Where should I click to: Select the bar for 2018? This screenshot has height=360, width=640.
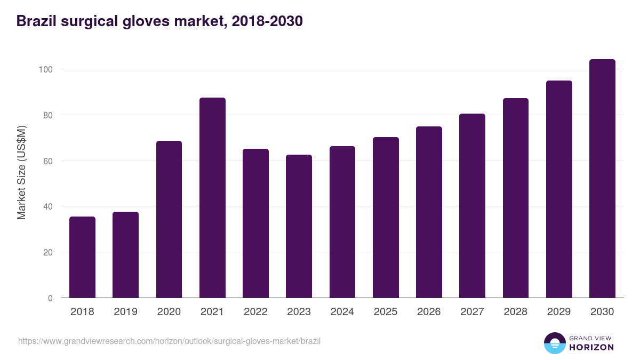click(x=82, y=257)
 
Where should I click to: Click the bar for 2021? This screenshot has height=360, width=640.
click(x=212, y=198)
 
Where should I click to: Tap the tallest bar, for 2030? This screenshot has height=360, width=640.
click(x=602, y=179)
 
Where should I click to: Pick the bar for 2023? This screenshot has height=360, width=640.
click(x=299, y=226)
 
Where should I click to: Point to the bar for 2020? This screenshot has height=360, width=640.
click(x=169, y=219)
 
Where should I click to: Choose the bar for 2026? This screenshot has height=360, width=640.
click(x=429, y=212)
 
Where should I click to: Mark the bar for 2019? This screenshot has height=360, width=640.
click(x=125, y=255)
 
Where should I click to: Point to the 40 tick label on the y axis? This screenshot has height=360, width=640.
click(x=47, y=206)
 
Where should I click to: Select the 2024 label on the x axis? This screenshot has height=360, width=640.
click(x=342, y=312)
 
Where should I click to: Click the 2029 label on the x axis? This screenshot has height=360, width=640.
click(x=559, y=312)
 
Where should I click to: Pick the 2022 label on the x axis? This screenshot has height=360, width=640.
click(x=255, y=312)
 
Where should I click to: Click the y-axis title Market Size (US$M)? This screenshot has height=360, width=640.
click(x=21, y=172)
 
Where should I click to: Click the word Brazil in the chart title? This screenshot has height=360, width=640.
click(x=36, y=21)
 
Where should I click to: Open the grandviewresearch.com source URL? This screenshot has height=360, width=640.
click(x=169, y=341)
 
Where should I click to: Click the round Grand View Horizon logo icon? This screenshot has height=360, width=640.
click(x=554, y=343)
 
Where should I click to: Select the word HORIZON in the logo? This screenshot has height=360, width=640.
click(x=591, y=347)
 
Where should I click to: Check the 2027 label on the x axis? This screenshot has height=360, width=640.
click(x=472, y=312)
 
